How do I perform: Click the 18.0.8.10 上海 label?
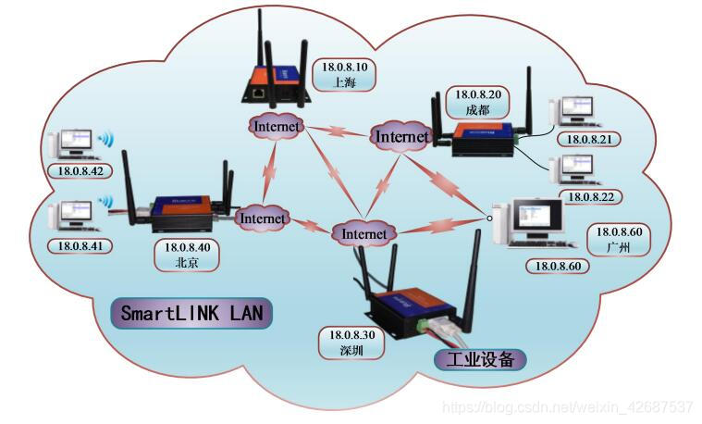(x=345, y=74)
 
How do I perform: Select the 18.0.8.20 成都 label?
(x=478, y=101)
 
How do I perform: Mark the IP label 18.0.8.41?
(x=80, y=246)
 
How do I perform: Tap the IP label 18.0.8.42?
(x=80, y=170)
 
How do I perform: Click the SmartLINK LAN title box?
(x=192, y=313)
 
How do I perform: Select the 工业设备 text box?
(x=480, y=359)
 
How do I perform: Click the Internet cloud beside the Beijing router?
(x=263, y=218)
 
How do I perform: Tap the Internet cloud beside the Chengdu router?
(x=402, y=137)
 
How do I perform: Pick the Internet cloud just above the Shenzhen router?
(x=363, y=234)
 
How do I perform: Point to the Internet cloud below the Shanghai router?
(x=277, y=125)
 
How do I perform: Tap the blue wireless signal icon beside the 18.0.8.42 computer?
(x=106, y=141)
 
